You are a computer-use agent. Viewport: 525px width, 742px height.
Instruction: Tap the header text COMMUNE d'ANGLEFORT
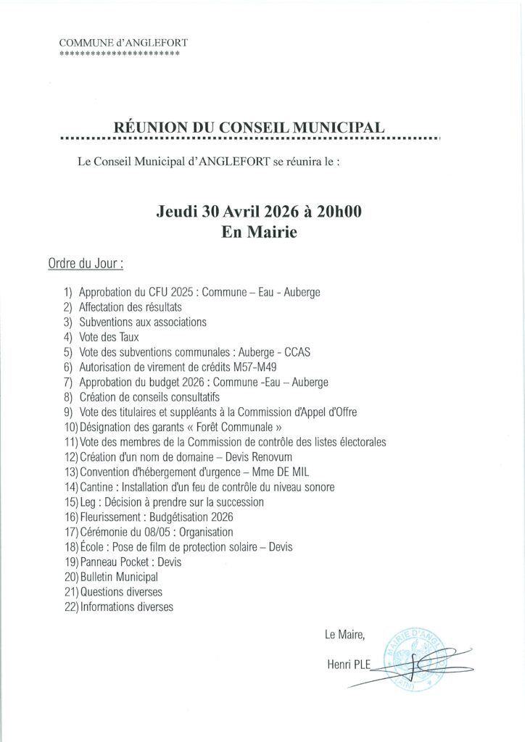[123, 43]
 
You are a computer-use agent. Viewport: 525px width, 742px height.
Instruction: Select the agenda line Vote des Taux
[109, 337]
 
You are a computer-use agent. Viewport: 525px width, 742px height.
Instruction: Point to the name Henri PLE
[348, 662]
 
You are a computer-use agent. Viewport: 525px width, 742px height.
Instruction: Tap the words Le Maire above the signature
[345, 635]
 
